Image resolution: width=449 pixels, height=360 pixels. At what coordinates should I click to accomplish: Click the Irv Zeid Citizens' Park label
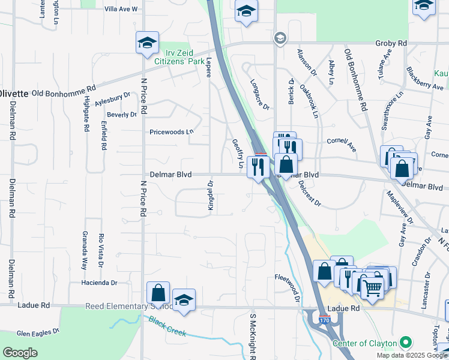[x=178, y=57]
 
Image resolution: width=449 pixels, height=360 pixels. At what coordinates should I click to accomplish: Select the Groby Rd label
[x=391, y=44]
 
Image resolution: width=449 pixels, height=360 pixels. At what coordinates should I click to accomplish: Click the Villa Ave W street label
[x=121, y=9]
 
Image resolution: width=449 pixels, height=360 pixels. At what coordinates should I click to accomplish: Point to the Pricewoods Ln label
[x=172, y=131]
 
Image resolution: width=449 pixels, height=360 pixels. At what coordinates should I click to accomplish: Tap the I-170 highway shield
[x=324, y=320]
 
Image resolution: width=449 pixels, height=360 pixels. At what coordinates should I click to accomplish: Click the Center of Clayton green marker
[x=405, y=343]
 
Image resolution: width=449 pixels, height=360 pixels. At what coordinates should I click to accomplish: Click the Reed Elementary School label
[x=128, y=305]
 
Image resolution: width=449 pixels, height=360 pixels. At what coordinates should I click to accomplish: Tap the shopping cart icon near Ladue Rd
[x=372, y=288]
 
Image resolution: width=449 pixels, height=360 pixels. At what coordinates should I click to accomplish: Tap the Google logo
[x=19, y=353]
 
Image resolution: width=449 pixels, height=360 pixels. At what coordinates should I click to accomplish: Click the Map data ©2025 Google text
[x=411, y=355]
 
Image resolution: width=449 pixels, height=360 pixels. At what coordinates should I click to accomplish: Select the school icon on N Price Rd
[x=147, y=43]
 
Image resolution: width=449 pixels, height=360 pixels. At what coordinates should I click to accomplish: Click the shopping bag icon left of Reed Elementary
[x=158, y=293]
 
